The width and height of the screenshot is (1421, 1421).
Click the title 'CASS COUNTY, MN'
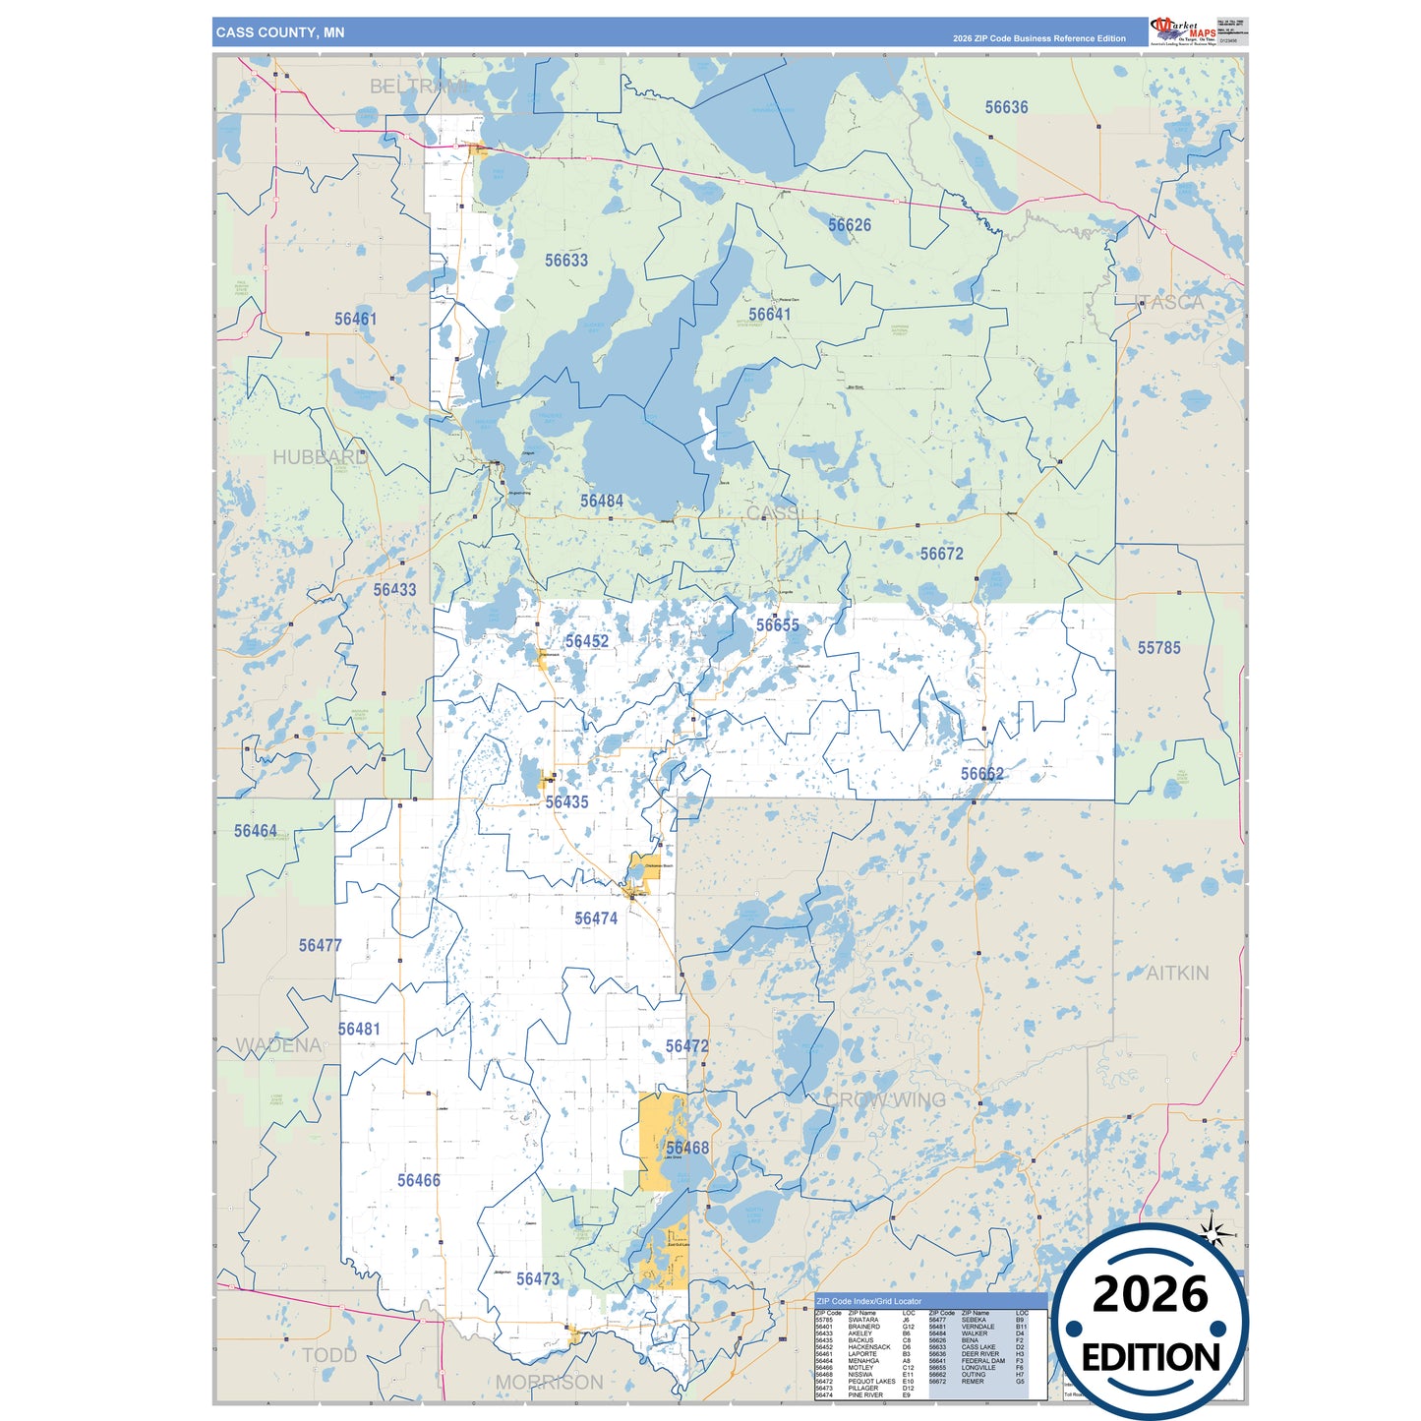[x=280, y=32]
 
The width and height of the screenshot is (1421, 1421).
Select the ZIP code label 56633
[x=566, y=261]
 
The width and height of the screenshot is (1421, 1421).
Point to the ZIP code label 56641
[x=769, y=315]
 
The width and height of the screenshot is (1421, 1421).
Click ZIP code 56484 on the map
[x=601, y=502]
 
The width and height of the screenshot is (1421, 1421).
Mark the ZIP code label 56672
[x=941, y=554]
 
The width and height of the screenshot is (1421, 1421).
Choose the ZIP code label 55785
[x=1158, y=648]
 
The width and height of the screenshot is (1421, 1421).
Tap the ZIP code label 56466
[x=418, y=1180]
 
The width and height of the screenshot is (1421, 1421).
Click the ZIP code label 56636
[x=1006, y=107]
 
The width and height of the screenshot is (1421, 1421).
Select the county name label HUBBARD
[x=321, y=457]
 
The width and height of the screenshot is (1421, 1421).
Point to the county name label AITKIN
[x=1177, y=973]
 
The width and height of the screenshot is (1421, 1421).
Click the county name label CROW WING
[x=886, y=1099]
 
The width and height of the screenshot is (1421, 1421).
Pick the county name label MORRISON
[x=549, y=1383]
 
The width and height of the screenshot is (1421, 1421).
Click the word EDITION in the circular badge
[x=1151, y=1358]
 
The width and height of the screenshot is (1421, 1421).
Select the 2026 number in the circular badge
[x=1150, y=1294]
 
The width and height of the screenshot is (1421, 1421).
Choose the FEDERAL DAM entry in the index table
[x=982, y=1361]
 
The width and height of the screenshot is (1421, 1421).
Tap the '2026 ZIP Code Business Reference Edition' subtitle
[x=1038, y=38]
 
